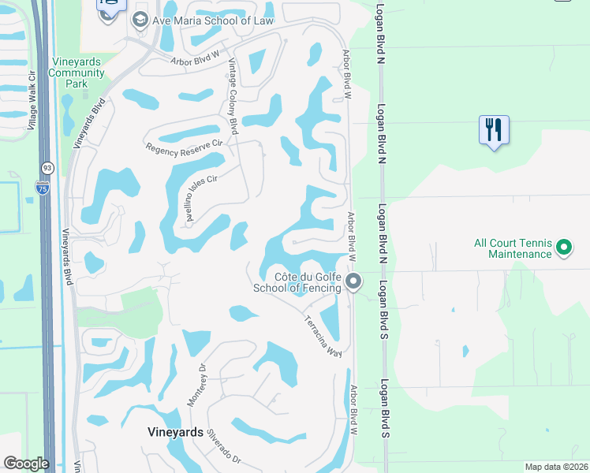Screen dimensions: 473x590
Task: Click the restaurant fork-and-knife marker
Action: point(494,130)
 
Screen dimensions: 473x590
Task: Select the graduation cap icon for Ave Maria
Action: point(140,20)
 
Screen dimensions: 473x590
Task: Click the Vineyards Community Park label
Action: point(77,73)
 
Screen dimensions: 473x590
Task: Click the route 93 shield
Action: point(47,168)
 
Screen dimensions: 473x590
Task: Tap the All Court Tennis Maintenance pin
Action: point(563,248)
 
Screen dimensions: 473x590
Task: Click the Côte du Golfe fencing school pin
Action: point(354,281)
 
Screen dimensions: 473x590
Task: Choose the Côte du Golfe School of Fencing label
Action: point(297,282)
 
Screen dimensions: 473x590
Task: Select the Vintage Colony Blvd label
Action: point(233,96)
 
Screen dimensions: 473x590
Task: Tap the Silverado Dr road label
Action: point(223,446)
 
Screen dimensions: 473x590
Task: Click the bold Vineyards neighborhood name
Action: point(176,431)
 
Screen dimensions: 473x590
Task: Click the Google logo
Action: point(25,463)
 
